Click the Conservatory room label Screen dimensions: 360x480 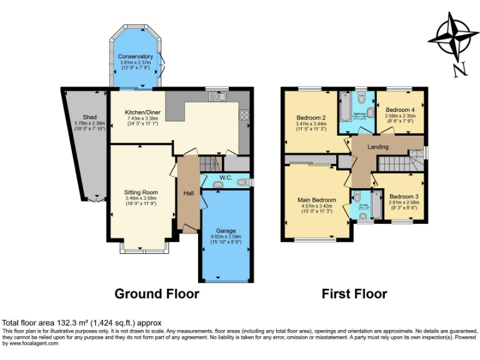coord(136,56)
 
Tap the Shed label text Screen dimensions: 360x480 coord(90,117)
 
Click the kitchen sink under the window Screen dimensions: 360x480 coord(220,96)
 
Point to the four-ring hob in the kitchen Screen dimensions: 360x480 coord(245,115)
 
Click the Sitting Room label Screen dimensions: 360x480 coord(141,192)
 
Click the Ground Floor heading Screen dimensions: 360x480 coord(157,293)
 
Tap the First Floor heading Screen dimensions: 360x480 coord(354,293)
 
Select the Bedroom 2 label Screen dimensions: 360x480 coord(311,118)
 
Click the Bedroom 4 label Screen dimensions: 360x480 coord(399,109)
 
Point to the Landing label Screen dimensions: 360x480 coord(377,147)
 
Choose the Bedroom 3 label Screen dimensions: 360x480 coord(403,196)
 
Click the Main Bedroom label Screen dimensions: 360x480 coord(316,200)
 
